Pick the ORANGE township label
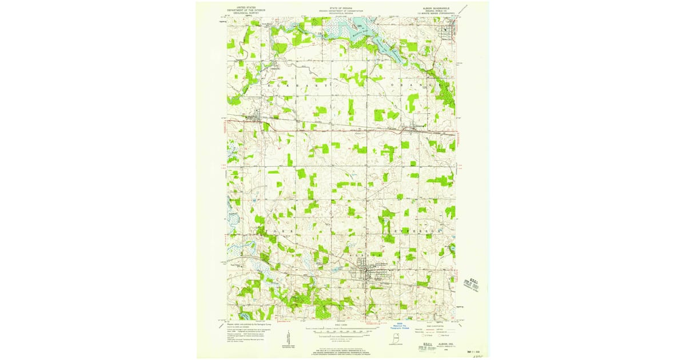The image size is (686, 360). coord(417,85)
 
